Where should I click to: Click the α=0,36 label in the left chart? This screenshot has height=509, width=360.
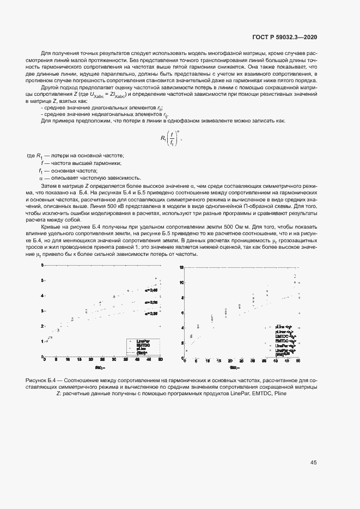pos(151,314)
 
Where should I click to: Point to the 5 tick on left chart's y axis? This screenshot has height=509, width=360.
pos(42,280)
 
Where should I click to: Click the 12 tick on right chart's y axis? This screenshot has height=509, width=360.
pos(182,268)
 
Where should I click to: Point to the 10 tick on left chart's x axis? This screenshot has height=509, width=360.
pos(68,360)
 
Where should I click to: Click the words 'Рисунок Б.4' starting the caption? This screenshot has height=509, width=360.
pos(41,379)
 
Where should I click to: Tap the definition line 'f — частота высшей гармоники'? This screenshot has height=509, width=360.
pos(81,163)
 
